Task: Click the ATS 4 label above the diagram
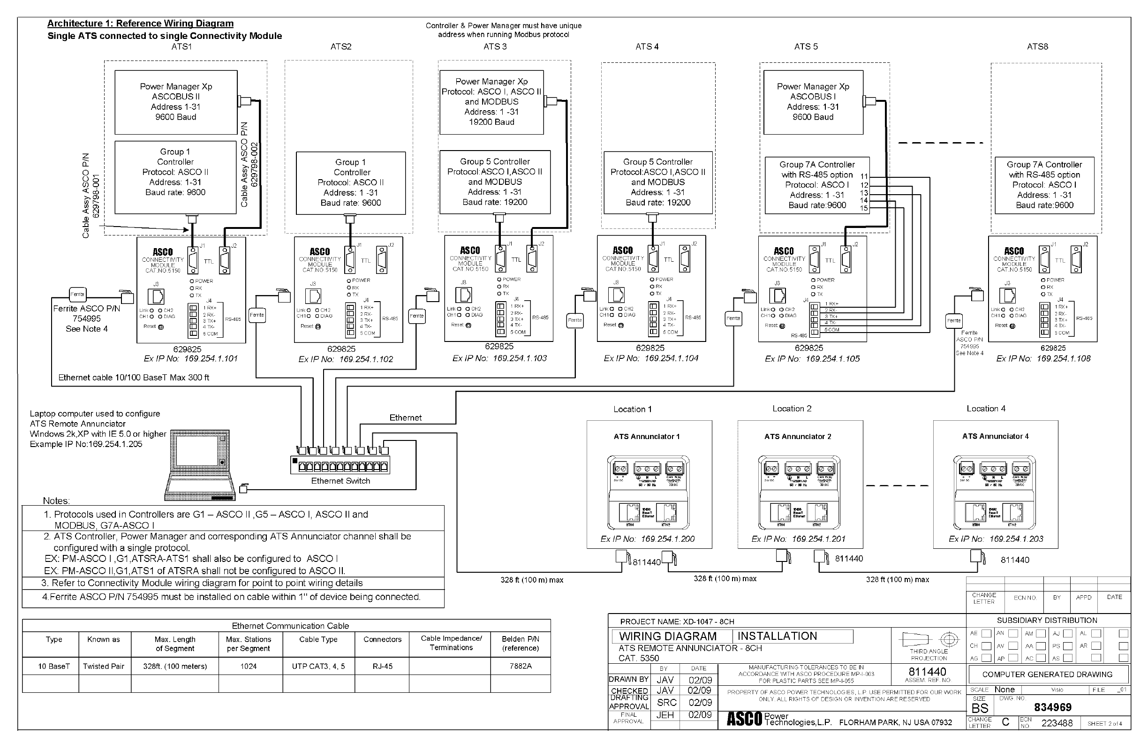(x=647, y=47)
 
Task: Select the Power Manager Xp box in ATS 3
(x=491, y=102)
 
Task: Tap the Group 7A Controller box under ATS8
(x=1044, y=185)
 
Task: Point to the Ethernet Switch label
(x=340, y=481)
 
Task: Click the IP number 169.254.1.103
(x=520, y=358)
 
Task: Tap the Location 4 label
(x=986, y=409)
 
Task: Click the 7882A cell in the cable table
(x=521, y=666)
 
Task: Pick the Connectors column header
(x=382, y=639)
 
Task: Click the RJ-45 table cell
(x=382, y=666)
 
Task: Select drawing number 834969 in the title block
(x=1052, y=707)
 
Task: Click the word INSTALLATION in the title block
(x=777, y=637)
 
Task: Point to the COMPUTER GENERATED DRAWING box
(x=1047, y=675)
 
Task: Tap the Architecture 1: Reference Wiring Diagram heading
(x=140, y=23)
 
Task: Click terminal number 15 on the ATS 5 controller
(x=863, y=208)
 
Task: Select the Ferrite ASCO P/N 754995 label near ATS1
(x=87, y=314)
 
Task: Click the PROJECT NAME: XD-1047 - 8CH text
(x=677, y=622)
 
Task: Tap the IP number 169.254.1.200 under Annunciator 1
(x=668, y=539)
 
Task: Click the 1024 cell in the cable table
(x=249, y=666)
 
